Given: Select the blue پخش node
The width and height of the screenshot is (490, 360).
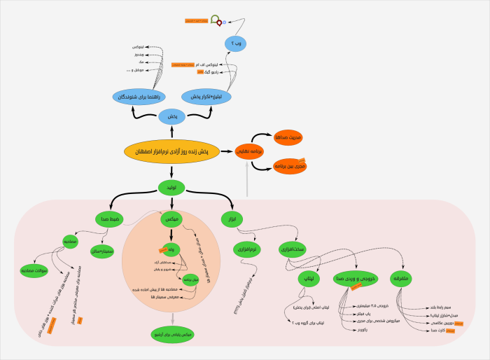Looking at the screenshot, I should click(x=172, y=117).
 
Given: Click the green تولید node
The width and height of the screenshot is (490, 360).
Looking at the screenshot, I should click(x=171, y=188).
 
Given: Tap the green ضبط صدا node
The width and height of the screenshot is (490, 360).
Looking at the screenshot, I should click(x=112, y=220).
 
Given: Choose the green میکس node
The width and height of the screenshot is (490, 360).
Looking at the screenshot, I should click(x=171, y=220).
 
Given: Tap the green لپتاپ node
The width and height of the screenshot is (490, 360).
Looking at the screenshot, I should click(x=309, y=279).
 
